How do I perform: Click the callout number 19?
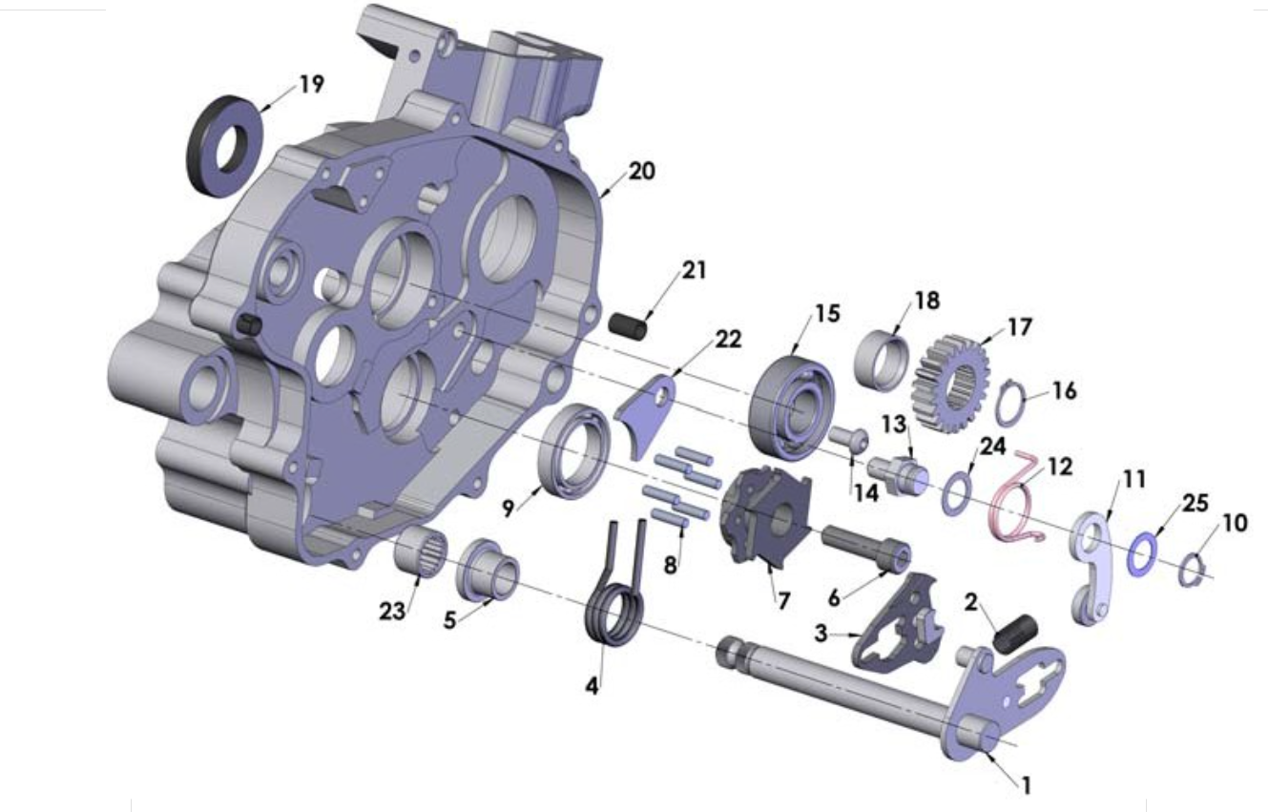pos(311,84)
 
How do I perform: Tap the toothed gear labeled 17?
pos(951,384)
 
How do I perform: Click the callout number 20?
pos(642,171)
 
